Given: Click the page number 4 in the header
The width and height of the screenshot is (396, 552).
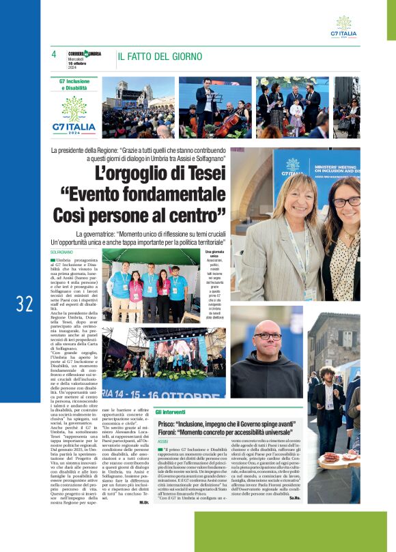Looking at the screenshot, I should (54, 55).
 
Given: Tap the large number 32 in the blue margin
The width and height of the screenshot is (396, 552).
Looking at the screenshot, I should (25, 304).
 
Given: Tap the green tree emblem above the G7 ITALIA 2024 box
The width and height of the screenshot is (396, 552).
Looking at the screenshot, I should (74, 108).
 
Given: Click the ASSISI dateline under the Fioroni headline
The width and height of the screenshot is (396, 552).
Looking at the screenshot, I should (164, 443).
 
